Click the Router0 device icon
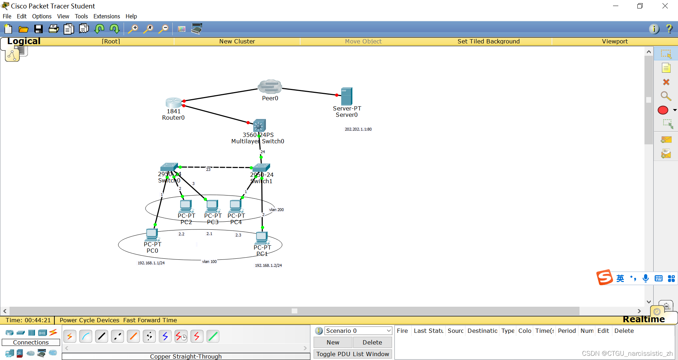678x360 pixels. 173,103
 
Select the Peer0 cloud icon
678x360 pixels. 270,87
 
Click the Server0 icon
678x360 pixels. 346,96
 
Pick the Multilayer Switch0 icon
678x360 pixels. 260,125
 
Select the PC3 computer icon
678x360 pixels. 212,206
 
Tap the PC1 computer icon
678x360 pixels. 262,238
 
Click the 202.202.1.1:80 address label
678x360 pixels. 358,129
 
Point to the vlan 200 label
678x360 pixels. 276,210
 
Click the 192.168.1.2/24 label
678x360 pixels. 268,265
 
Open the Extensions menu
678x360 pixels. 107,16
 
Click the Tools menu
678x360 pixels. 81,16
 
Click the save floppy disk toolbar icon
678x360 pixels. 38,29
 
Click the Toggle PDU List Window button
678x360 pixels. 352,354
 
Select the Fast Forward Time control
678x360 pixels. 150,320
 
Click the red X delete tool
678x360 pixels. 666,82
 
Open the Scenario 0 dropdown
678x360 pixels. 358,331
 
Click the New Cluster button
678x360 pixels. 237,41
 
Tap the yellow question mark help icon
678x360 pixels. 669,29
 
